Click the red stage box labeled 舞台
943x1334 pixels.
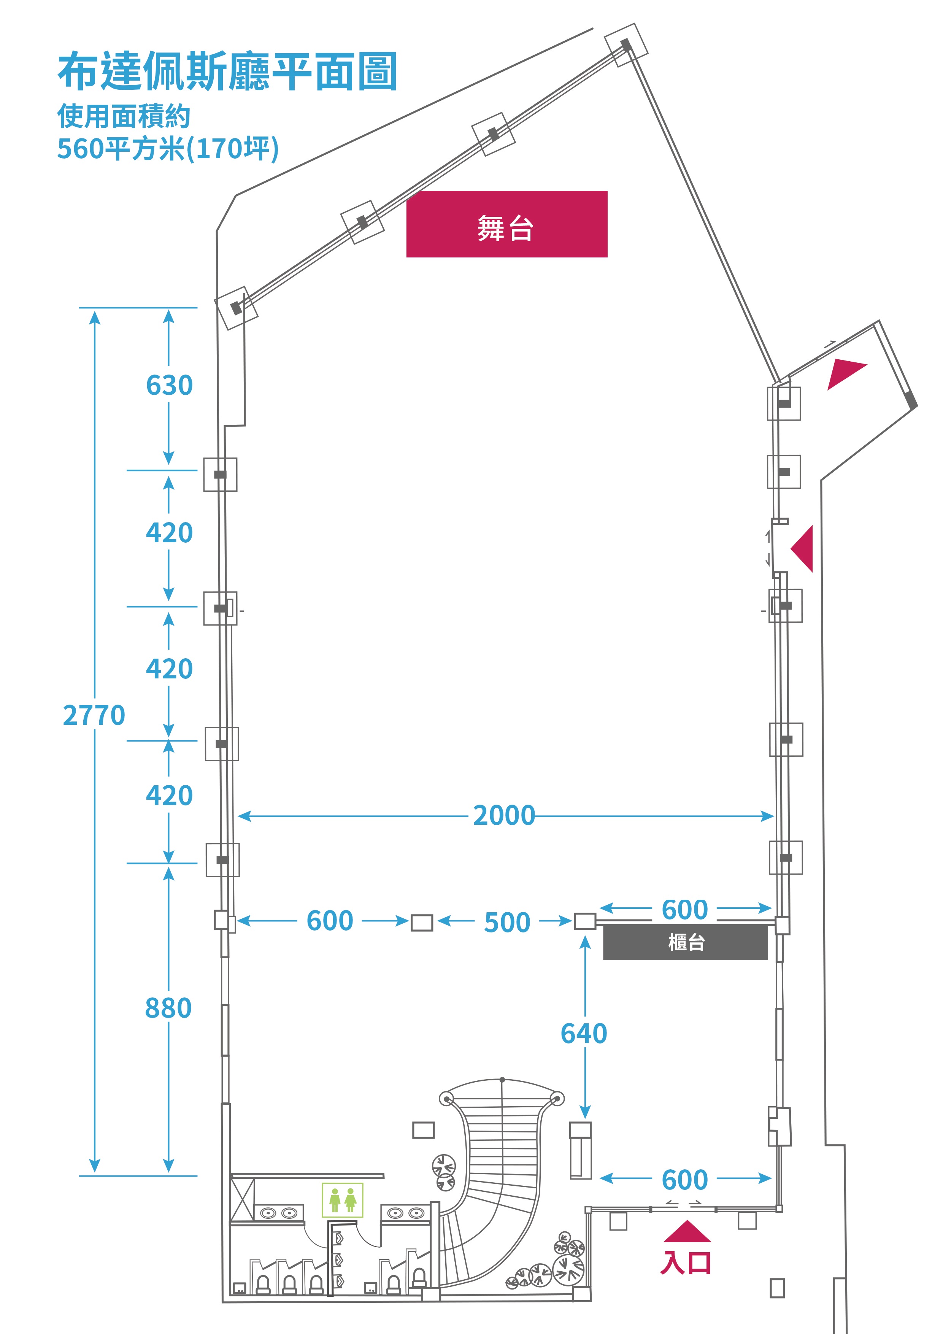pyautogui.click(x=506, y=224)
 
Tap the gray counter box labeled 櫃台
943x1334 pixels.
pyautogui.click(x=686, y=942)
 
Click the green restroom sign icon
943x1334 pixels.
pyautogui.click(x=343, y=1200)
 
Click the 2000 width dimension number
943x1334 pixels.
pyautogui.click(x=504, y=816)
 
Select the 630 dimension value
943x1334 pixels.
pyautogui.click(x=169, y=385)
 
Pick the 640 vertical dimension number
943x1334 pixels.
pyautogui.click(x=584, y=1034)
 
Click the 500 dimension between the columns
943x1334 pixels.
pyautogui.click(x=507, y=923)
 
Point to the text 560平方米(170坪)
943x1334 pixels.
pyautogui.click(x=168, y=148)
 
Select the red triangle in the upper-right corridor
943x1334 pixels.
pyautogui.click(x=844, y=372)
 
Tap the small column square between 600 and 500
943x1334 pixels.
pyautogui.click(x=422, y=923)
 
